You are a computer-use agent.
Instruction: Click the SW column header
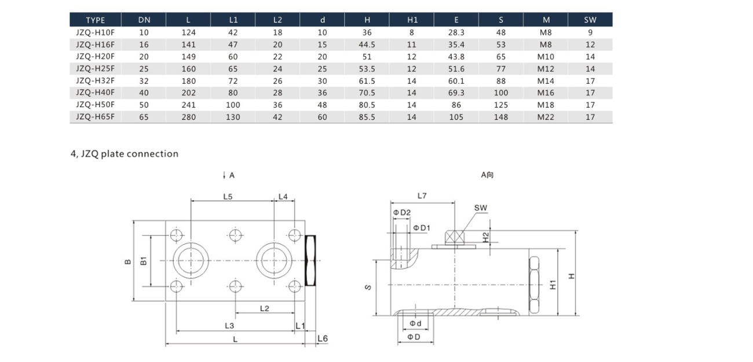coord(590,20)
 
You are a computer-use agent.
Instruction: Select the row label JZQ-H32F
coord(95,80)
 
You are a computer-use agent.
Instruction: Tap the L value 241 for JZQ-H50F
coord(188,105)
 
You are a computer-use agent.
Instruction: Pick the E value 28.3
coord(456,32)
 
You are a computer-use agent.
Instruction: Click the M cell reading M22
coord(546,117)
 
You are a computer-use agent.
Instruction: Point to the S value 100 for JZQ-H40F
coord(501,93)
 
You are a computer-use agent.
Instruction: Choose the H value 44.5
coord(367,45)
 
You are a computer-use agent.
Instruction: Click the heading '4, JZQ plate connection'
coord(125,154)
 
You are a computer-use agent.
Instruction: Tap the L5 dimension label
coord(228,197)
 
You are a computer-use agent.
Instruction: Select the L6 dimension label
coord(323,338)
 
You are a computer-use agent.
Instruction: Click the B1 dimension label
coord(144,261)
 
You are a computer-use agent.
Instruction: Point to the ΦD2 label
coord(402,212)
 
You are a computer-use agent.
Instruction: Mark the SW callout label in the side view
coord(481,208)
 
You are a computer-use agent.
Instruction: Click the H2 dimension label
coord(486,237)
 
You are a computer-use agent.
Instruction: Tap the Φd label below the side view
coord(415,323)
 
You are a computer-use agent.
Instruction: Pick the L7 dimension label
coord(422,195)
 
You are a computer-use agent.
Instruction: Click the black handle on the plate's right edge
coord(310,261)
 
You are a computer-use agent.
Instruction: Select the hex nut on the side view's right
coord(534,285)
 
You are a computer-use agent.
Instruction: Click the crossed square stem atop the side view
coord(455,237)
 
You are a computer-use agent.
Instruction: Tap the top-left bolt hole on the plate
coord(176,235)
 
